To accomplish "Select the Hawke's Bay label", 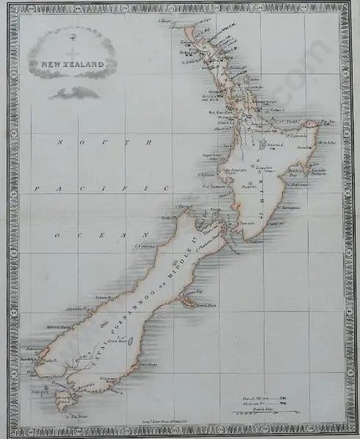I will pyautogui.click(x=294, y=175).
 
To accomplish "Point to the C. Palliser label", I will pyautogui.click(x=255, y=239).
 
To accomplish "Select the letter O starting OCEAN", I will pyautogui.click(x=56, y=235).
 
